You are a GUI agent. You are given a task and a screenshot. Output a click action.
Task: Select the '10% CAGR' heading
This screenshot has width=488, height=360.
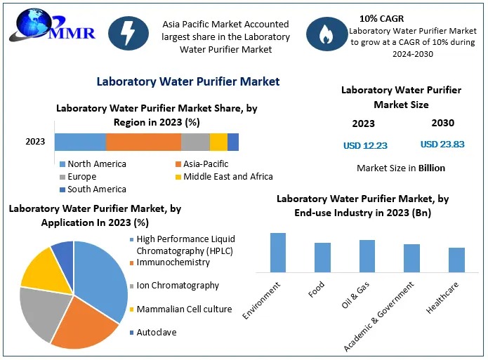(x=381, y=19)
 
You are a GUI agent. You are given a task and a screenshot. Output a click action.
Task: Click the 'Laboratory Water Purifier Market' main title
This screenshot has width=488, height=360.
(x=188, y=81)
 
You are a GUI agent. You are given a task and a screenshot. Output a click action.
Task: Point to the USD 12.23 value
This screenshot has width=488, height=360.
(x=365, y=145)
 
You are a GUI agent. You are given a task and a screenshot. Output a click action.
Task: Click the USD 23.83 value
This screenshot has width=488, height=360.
(x=442, y=145)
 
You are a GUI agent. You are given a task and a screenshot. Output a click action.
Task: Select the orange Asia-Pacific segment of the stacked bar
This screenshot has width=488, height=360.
(x=143, y=142)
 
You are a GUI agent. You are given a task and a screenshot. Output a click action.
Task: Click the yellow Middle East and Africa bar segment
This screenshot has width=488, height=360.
(x=218, y=142)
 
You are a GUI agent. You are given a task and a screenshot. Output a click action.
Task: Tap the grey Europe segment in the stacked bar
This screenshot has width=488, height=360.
(x=195, y=142)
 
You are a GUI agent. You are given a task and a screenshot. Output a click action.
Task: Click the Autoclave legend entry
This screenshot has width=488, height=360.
(x=156, y=333)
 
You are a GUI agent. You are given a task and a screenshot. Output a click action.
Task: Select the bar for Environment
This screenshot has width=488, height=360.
(x=278, y=252)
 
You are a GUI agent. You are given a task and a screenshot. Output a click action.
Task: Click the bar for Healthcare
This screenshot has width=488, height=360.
(x=456, y=260)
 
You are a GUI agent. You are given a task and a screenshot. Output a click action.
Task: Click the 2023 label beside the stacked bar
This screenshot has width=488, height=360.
(x=35, y=142)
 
